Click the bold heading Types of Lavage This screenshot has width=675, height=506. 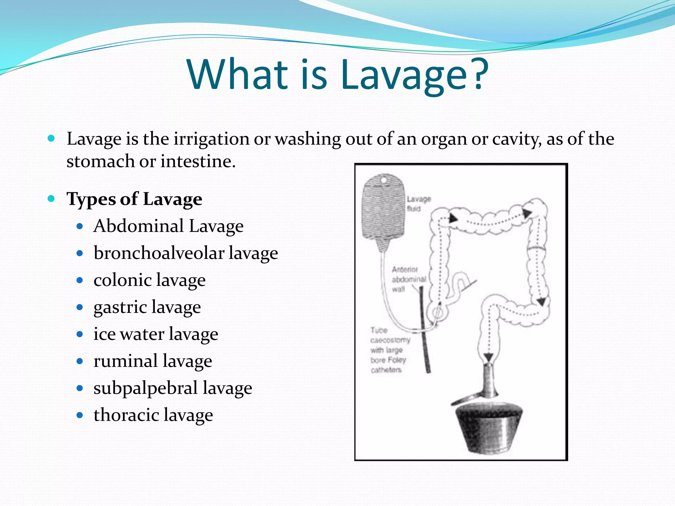[x=134, y=199]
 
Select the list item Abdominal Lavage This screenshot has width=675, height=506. [x=168, y=226]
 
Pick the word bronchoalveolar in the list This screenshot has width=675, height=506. [x=159, y=253]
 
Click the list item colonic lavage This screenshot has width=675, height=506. [x=149, y=280]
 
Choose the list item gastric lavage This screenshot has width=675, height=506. [x=147, y=307]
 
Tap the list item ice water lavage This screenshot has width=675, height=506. [x=156, y=334]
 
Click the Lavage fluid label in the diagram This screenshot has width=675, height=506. [x=418, y=204]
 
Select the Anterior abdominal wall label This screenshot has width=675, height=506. [x=408, y=279]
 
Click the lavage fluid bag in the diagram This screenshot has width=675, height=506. [x=384, y=208]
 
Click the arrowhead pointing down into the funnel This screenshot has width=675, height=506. [x=488, y=357]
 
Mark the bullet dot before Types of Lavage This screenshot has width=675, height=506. [x=51, y=199]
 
